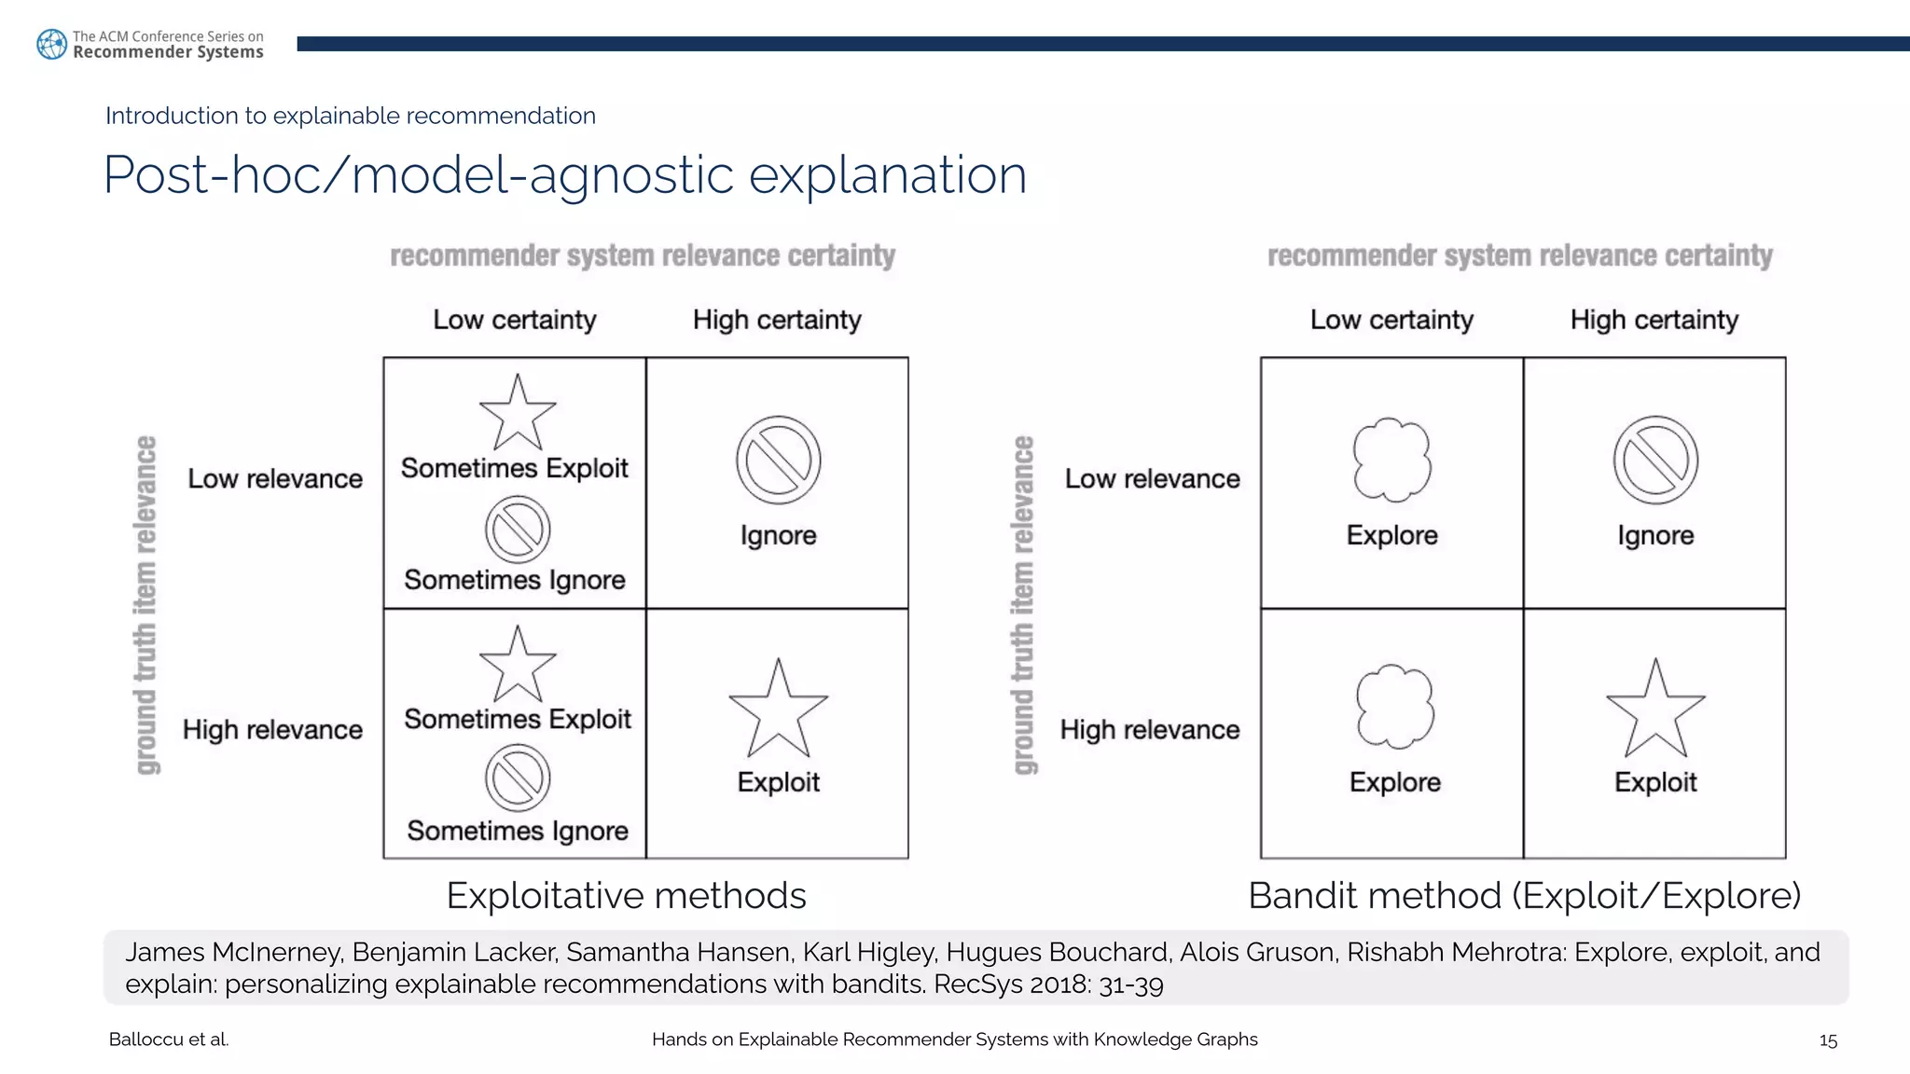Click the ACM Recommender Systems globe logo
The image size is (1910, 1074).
coord(51,44)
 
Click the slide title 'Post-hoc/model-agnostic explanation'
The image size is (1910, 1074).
coord(564,174)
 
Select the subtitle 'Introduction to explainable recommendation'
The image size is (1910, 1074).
coord(350,116)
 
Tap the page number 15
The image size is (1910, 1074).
coord(1827,1040)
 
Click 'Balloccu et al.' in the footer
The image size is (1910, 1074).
coord(169,1040)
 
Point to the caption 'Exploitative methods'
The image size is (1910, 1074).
coord(626,896)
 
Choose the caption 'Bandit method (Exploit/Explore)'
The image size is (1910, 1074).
coord(1524,896)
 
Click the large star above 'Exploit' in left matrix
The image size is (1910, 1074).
coord(778,710)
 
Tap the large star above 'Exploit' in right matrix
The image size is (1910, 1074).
coord(1655,710)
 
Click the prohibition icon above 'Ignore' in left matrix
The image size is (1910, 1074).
coord(778,461)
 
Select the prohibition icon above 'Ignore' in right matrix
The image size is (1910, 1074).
coord(1655,461)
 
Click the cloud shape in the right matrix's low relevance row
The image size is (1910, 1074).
coord(1391,460)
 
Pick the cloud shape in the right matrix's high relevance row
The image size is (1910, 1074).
coord(1394,707)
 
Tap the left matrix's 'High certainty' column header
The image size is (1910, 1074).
coord(777,320)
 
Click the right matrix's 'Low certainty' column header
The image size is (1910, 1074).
coord(1391,320)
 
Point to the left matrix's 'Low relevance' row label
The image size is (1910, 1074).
coord(275,479)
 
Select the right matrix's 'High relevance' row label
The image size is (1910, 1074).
coord(1150,730)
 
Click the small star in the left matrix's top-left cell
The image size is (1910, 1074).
coord(518,413)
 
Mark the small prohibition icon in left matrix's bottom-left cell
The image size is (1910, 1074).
coord(518,778)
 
